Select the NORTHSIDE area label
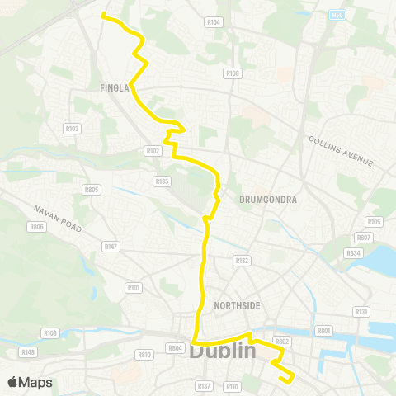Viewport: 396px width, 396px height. click(x=237, y=306)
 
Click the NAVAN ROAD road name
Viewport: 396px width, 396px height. click(x=58, y=219)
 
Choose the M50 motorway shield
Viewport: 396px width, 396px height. click(x=336, y=14)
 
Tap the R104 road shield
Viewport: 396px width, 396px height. click(x=214, y=22)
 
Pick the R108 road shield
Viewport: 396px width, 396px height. click(x=232, y=73)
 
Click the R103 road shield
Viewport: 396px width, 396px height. click(x=72, y=129)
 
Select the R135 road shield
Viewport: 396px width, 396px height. click(x=161, y=181)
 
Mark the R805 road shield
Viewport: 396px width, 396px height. click(x=91, y=189)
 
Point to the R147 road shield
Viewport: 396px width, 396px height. click(x=111, y=246)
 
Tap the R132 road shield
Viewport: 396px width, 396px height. click(x=241, y=261)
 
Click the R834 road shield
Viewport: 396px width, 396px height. click(x=353, y=253)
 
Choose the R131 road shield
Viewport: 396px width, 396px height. click(x=361, y=311)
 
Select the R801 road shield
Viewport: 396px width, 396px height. click(x=323, y=331)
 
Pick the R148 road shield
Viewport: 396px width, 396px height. click(x=29, y=352)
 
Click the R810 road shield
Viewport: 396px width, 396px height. click(x=144, y=354)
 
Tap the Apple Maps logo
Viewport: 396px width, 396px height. click(x=30, y=382)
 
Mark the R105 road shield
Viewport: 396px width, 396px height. click(x=374, y=221)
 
